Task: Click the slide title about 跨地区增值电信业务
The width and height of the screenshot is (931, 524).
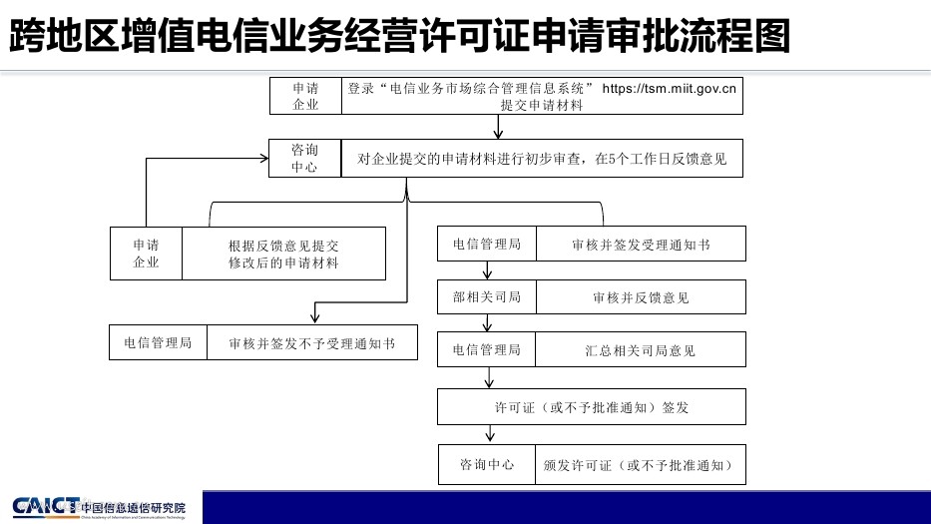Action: pyautogui.click(x=399, y=37)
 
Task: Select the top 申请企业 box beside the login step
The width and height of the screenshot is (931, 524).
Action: pyautogui.click(x=305, y=96)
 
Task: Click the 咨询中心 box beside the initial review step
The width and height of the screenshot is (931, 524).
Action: pyautogui.click(x=304, y=158)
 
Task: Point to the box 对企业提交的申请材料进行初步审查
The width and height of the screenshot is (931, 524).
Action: pyautogui.click(x=542, y=158)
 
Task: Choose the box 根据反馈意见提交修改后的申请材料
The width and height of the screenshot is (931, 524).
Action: pyautogui.click(x=283, y=255)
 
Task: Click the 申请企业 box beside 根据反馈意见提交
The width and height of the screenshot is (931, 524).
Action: pyautogui.click(x=146, y=255)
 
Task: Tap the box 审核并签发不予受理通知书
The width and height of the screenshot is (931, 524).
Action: pyautogui.click(x=311, y=342)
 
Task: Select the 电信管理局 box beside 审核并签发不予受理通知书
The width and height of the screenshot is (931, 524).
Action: pyautogui.click(x=158, y=342)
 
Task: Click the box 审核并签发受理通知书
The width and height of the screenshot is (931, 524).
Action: pyautogui.click(x=641, y=245)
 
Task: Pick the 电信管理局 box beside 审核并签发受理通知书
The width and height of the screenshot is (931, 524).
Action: pyautogui.click(x=487, y=245)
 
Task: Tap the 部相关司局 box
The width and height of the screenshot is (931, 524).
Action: pyautogui.click(x=487, y=297)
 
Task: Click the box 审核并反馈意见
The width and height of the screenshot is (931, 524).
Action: pyautogui.click(x=641, y=297)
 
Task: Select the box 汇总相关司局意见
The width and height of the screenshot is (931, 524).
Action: pyautogui.click(x=641, y=350)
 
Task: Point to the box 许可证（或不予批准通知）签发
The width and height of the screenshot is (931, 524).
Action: pyautogui.click(x=592, y=407)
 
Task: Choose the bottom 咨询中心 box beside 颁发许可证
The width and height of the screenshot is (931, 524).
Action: pyautogui.click(x=487, y=465)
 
